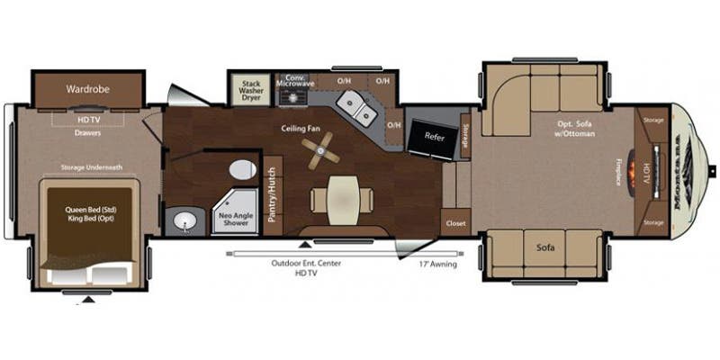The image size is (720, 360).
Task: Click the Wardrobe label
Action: [x=88, y=89]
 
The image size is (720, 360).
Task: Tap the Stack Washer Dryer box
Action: [x=251, y=89]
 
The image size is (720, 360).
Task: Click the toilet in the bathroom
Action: [x=240, y=170]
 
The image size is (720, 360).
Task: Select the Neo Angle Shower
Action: [x=231, y=217]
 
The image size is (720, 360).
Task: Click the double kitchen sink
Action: [x=365, y=112]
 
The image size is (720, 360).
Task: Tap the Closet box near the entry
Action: [x=454, y=222]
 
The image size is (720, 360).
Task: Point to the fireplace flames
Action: [x=640, y=170]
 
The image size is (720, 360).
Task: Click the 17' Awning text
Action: [x=439, y=265]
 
